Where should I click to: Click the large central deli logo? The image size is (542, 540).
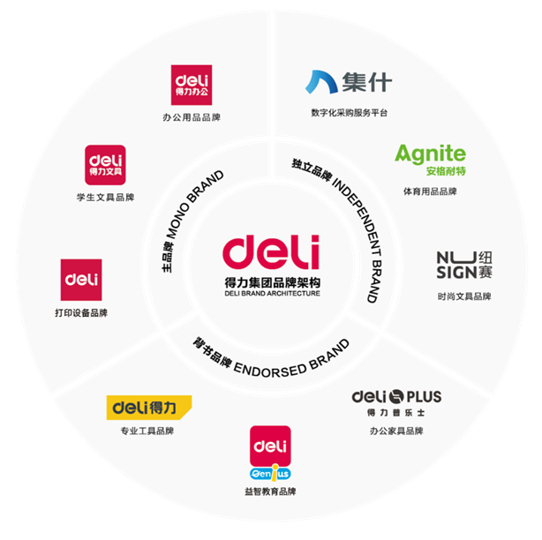271,252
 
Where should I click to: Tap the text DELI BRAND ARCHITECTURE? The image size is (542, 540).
271,293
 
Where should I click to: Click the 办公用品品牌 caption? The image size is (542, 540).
192,116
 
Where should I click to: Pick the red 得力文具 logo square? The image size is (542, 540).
105,165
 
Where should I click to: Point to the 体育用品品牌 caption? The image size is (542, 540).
430,191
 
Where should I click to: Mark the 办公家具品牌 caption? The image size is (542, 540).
396,431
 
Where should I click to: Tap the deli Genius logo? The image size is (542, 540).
270,454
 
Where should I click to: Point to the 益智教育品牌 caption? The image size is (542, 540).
270,491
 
